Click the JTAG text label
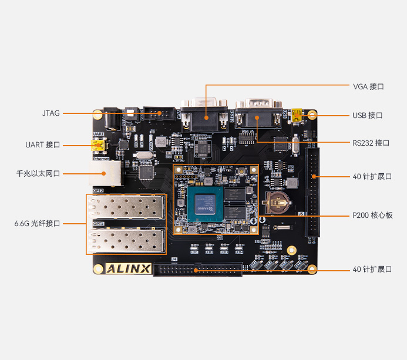(x=51, y=113)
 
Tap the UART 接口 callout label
(x=43, y=144)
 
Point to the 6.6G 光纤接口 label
(x=38, y=223)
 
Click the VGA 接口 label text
(x=368, y=86)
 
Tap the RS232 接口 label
(x=371, y=143)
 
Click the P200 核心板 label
(x=372, y=216)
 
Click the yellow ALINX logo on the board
(x=129, y=270)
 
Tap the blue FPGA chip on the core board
(x=208, y=206)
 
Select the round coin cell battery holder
(x=277, y=201)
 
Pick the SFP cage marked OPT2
(x=125, y=207)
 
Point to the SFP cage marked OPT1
(x=125, y=240)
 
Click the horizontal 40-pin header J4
(x=198, y=270)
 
